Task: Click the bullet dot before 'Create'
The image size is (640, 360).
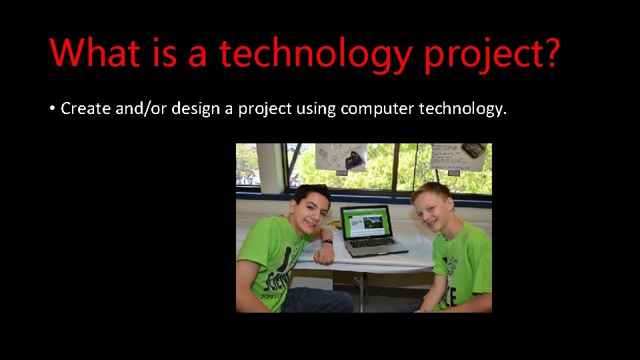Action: click(51, 109)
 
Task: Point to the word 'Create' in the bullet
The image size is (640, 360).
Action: click(86, 108)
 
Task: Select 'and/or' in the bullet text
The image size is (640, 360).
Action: click(141, 108)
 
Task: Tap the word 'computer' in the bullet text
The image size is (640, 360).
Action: click(377, 109)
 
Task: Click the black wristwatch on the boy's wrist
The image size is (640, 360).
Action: click(327, 242)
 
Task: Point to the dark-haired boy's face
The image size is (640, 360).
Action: click(309, 208)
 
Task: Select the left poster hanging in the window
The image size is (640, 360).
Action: click(341, 157)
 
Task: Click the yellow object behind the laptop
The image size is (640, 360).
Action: click(337, 225)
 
